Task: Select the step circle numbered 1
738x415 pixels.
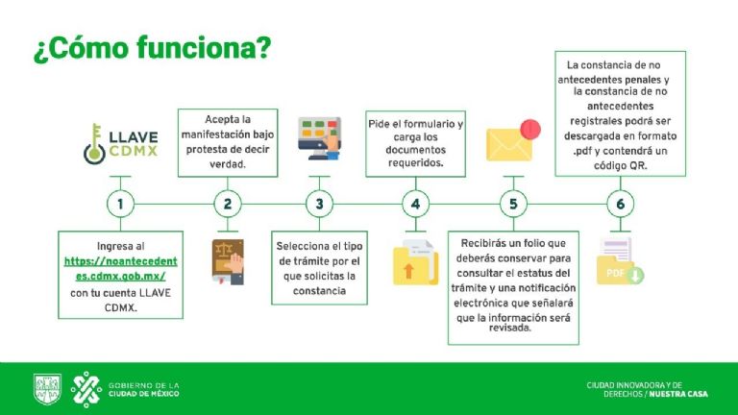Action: (120, 204)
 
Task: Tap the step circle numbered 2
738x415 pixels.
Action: (228, 204)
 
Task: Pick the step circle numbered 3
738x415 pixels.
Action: (320, 204)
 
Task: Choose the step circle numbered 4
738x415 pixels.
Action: (415, 204)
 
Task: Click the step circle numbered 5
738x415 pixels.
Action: (513, 204)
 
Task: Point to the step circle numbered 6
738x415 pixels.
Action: (621, 204)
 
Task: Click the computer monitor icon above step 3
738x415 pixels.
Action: (320, 138)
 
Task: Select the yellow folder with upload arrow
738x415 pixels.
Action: (415, 262)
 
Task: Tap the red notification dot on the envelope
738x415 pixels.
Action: (529, 129)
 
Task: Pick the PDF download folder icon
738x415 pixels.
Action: (620, 261)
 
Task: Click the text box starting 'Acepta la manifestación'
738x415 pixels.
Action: (228, 142)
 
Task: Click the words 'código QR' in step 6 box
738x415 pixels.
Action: (621, 165)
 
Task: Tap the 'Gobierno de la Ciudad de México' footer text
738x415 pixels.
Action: (144, 389)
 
